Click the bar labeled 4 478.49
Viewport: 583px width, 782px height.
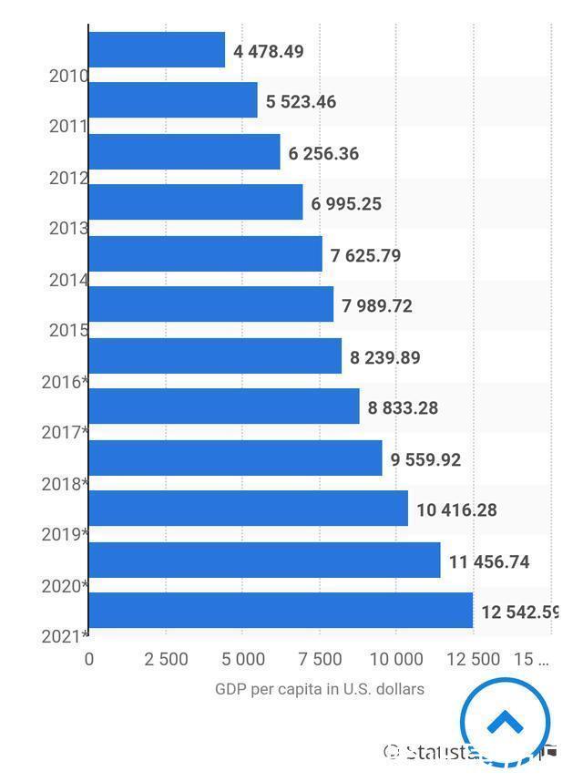(157, 50)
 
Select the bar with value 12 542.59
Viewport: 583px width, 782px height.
(281, 611)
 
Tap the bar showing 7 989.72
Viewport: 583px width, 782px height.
(211, 304)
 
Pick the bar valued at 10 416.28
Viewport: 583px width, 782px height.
(248, 509)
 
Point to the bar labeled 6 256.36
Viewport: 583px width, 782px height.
(184, 152)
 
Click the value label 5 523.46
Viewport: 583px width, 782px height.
(301, 102)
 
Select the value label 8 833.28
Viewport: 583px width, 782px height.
(403, 408)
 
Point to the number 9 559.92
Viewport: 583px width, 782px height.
(425, 459)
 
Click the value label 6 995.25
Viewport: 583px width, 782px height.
(346, 204)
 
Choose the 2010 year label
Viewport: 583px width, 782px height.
(68, 76)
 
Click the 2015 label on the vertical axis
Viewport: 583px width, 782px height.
(68, 330)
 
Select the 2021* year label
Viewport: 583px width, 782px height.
(65, 636)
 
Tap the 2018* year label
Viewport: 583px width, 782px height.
(65, 483)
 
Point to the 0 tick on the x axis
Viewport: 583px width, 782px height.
(89, 659)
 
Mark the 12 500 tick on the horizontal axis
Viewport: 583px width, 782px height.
(473, 659)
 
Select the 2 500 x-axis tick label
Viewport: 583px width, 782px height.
(166, 659)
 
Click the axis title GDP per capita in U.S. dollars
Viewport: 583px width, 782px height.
(319, 689)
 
